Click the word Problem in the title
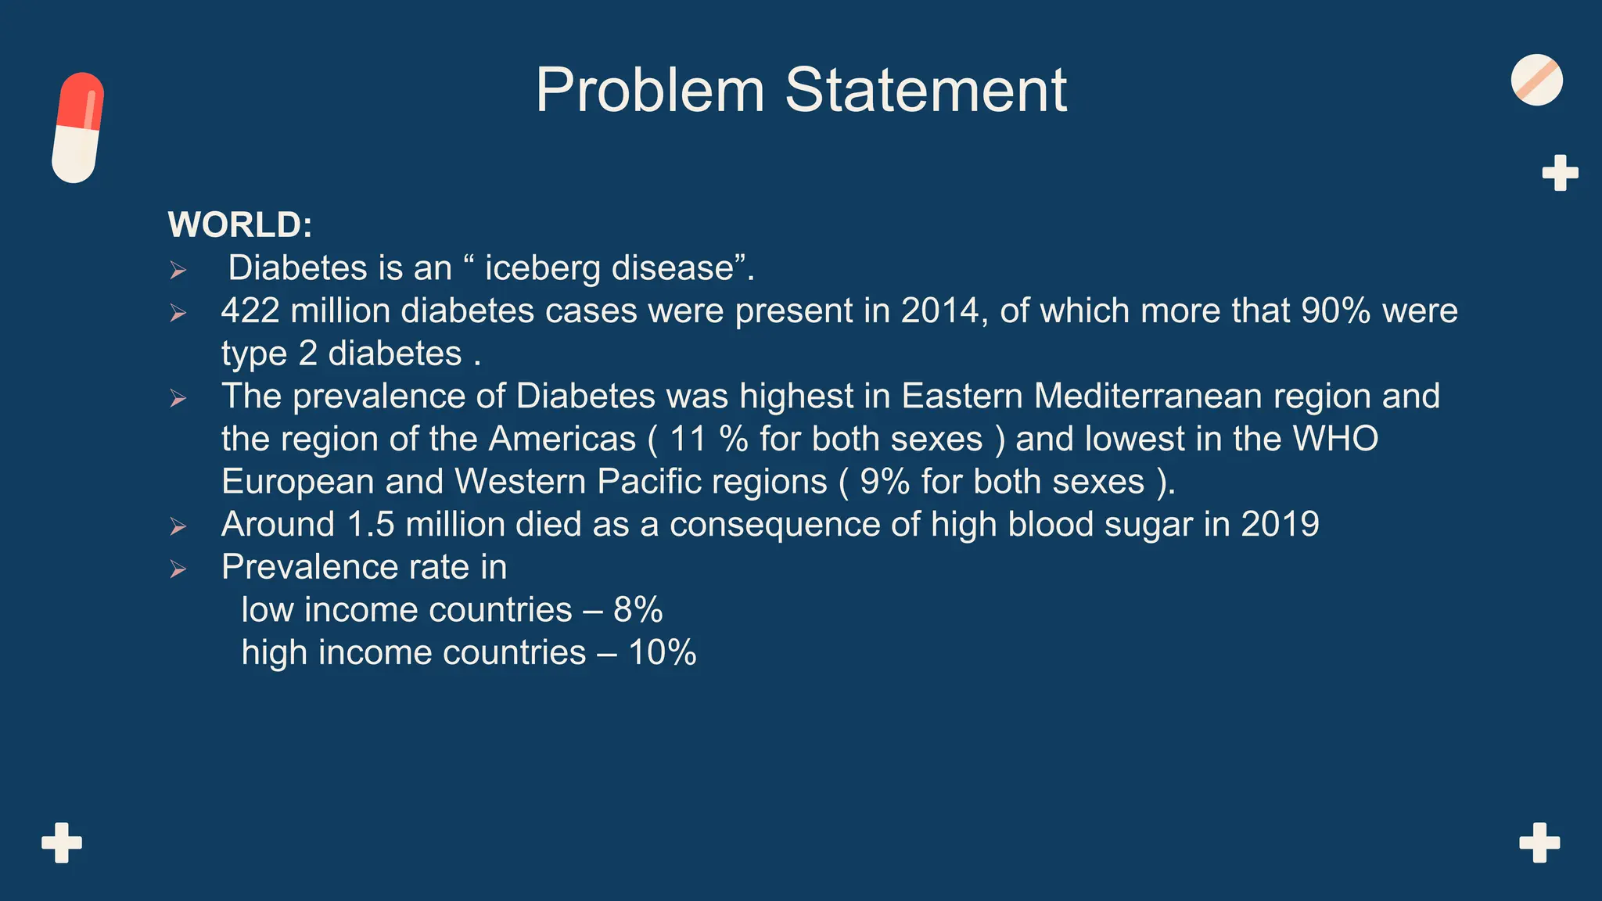point(650,91)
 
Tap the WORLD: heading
point(240,225)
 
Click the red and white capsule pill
point(77,127)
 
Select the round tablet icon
point(1536,80)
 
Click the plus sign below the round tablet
point(1560,173)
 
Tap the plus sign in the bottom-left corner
point(62,842)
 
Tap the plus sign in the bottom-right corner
point(1539,842)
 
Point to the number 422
point(250,311)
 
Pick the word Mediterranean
point(1148,397)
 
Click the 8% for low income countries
point(638,610)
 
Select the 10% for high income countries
point(662,652)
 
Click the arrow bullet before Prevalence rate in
point(178,569)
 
